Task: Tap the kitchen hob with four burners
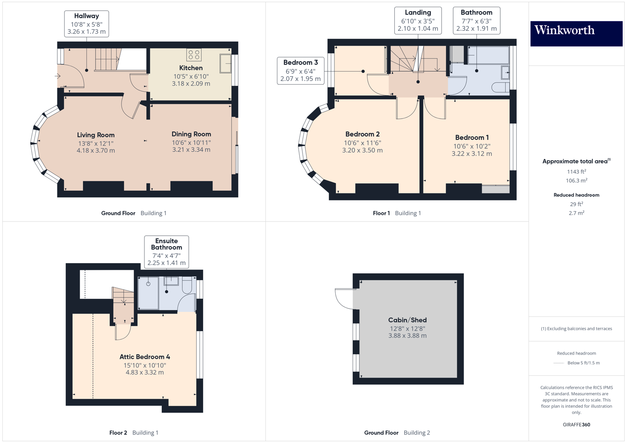(x=194, y=55)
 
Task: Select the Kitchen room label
(x=191, y=68)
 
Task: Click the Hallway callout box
(x=86, y=24)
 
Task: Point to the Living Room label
(x=95, y=135)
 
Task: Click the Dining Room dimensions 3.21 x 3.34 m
(x=191, y=150)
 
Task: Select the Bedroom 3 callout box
(x=300, y=71)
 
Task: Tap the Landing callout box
(x=418, y=21)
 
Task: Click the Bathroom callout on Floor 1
(x=476, y=21)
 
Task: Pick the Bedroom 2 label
(x=362, y=134)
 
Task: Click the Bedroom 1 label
(x=472, y=138)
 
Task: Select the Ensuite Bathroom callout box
(x=166, y=252)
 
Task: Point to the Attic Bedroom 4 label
(x=144, y=357)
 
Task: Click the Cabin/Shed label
(x=407, y=320)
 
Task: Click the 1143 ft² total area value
(x=576, y=171)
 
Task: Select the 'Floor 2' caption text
(x=118, y=433)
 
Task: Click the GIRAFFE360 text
(x=576, y=425)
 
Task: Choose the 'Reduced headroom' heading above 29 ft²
(x=576, y=195)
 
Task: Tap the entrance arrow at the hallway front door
(x=58, y=76)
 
